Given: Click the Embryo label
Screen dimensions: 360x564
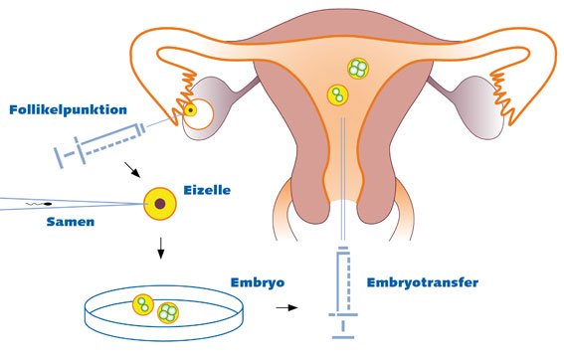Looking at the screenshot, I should click(x=257, y=282).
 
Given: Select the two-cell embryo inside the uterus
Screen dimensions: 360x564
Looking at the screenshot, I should click(x=338, y=95).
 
